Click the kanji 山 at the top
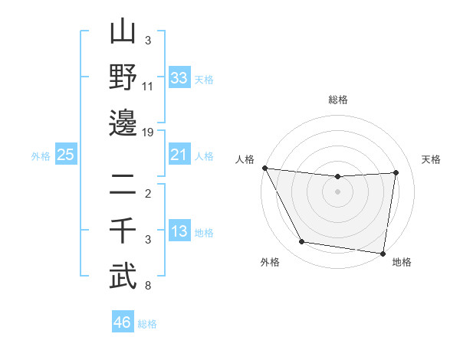[x=123, y=34]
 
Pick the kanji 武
[x=123, y=275]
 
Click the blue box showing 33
[x=179, y=77]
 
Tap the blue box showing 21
[x=179, y=155]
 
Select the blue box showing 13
[x=179, y=231]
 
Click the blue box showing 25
[x=66, y=155]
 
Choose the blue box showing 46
[x=123, y=322]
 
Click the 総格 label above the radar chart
[x=337, y=100]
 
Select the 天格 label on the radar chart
[x=431, y=159]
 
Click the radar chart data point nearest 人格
[x=264, y=168]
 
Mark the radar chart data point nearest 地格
[x=383, y=253]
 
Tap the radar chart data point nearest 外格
[x=301, y=242]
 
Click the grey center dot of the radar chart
[x=337, y=191]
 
